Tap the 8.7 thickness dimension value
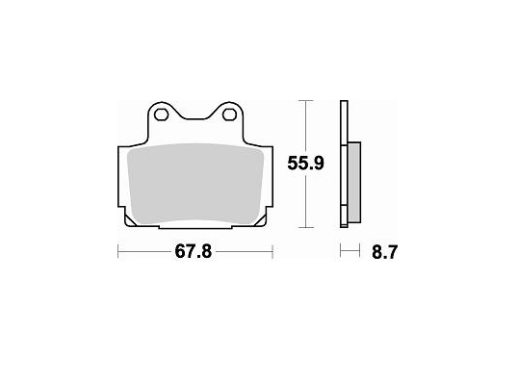tap(381, 253)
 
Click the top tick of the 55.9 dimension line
tap(306, 100)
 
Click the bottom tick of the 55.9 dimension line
tap(306, 229)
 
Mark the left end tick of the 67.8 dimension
tap(117, 253)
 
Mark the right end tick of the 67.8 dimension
tap(274, 253)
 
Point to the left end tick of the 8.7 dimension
tap(341, 253)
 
